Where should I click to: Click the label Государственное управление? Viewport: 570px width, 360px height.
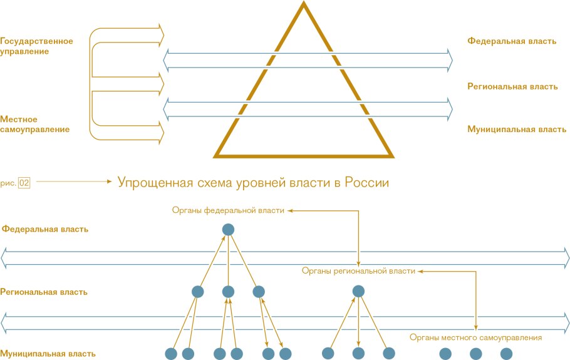pyautogui.click(x=36, y=46)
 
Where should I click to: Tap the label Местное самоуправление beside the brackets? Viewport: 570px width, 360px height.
pyautogui.click(x=34, y=124)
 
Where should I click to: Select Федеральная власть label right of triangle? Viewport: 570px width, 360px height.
pyautogui.click(x=512, y=41)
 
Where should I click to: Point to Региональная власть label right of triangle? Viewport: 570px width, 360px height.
pyautogui.click(x=512, y=86)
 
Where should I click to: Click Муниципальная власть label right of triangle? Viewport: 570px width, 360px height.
pyautogui.click(x=517, y=130)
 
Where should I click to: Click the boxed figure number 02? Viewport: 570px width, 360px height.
pyautogui.click(x=24, y=183)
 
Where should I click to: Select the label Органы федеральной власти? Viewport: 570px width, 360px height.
pyautogui.click(x=228, y=211)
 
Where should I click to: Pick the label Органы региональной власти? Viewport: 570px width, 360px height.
pyautogui.click(x=358, y=271)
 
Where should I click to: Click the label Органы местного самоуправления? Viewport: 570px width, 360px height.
pyautogui.click(x=475, y=337)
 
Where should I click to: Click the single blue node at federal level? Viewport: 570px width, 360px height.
pyautogui.click(x=228, y=230)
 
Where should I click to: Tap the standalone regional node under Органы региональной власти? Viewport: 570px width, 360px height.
pyautogui.click(x=358, y=291)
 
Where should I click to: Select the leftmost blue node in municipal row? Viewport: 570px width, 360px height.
pyautogui.click(x=170, y=354)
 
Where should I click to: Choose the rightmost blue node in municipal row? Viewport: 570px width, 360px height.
pyautogui.click(x=506, y=354)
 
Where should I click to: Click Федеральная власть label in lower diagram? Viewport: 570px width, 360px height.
pyautogui.click(x=44, y=229)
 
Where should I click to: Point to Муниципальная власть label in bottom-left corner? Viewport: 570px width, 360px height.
pyautogui.click(x=48, y=354)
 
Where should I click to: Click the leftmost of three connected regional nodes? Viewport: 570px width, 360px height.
pyautogui.click(x=198, y=291)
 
